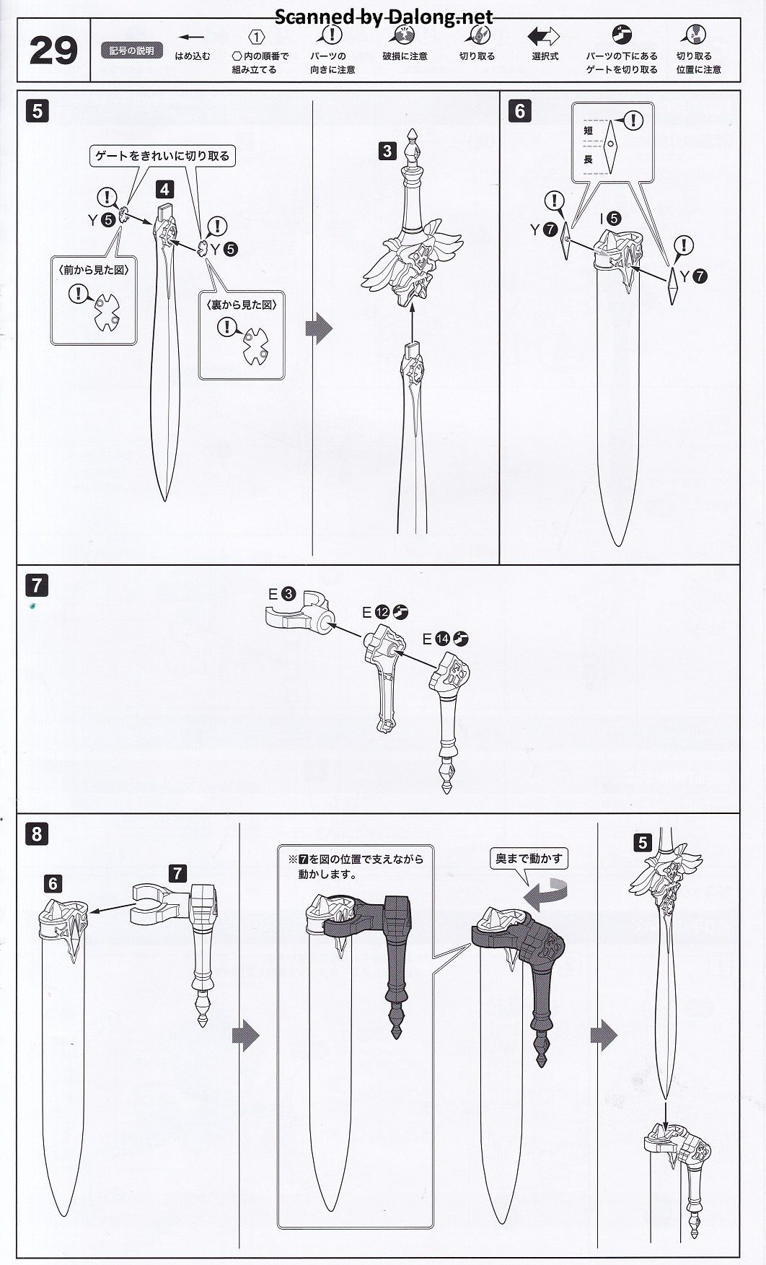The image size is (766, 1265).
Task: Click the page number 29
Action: [x=53, y=51]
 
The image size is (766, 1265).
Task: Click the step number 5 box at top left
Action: [x=37, y=111]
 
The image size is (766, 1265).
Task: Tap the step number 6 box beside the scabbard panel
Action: [x=519, y=111]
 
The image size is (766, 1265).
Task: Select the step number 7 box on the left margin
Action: [x=37, y=585]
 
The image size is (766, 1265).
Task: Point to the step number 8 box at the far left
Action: [x=37, y=834]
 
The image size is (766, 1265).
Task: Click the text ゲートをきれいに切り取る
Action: [x=162, y=155]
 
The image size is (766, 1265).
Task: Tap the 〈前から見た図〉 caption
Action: [x=94, y=269]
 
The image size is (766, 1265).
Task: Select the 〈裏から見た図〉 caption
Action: [x=241, y=305]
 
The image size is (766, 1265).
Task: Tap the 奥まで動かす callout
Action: [x=529, y=859]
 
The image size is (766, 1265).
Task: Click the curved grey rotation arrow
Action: [x=545, y=895]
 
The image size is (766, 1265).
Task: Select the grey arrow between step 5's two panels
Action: [x=320, y=329]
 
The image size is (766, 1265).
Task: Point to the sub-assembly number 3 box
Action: [x=387, y=151]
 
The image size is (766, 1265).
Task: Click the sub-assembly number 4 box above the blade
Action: [x=164, y=189]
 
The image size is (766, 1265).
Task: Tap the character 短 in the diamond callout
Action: [x=588, y=131]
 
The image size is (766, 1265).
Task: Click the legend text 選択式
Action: [x=545, y=56]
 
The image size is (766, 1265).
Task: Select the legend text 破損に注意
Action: [x=405, y=56]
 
